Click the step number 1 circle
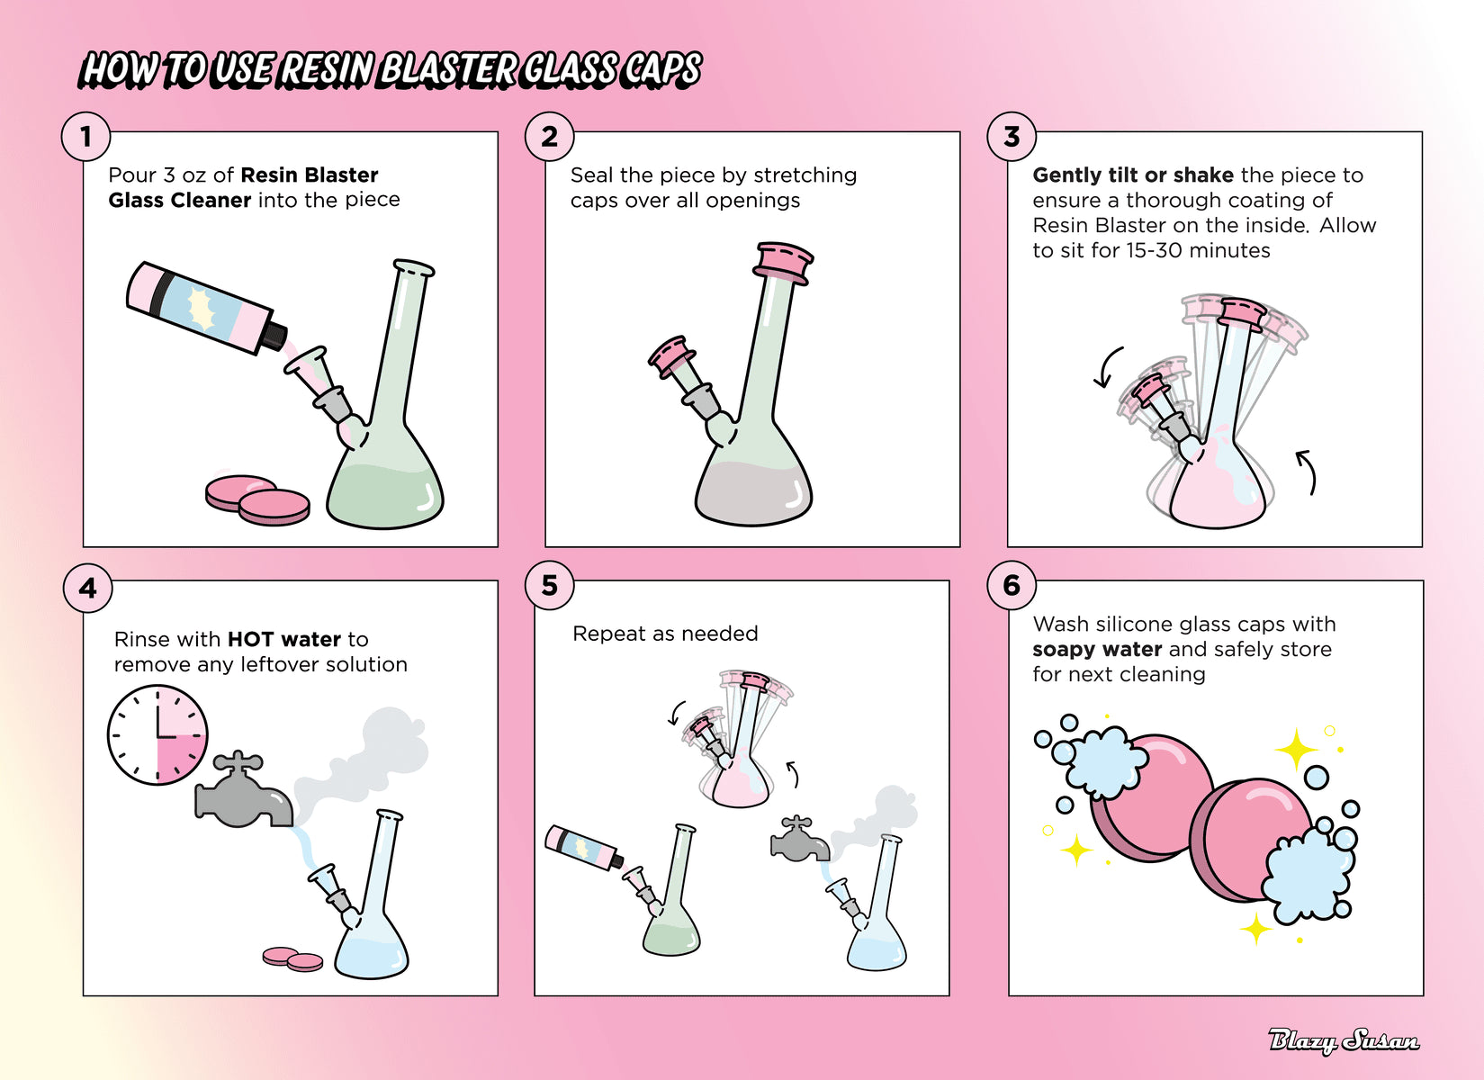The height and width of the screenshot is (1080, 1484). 86,137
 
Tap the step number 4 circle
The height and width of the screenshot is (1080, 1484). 87,588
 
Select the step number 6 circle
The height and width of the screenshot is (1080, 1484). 1012,585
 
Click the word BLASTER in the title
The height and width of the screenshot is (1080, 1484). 447,70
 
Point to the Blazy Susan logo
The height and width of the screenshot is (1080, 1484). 1344,1041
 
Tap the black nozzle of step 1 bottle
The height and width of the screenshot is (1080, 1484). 274,336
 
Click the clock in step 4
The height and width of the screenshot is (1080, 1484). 157,735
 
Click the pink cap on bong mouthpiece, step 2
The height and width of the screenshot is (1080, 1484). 783,264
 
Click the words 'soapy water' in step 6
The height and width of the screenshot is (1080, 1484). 1097,649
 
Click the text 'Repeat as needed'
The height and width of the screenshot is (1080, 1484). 665,634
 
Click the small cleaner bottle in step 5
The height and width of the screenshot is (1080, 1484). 584,847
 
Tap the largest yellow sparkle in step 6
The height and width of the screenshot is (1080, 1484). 1297,750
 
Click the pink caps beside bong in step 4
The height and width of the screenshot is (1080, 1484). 292,959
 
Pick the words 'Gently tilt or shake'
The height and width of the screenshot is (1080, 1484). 1133,175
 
